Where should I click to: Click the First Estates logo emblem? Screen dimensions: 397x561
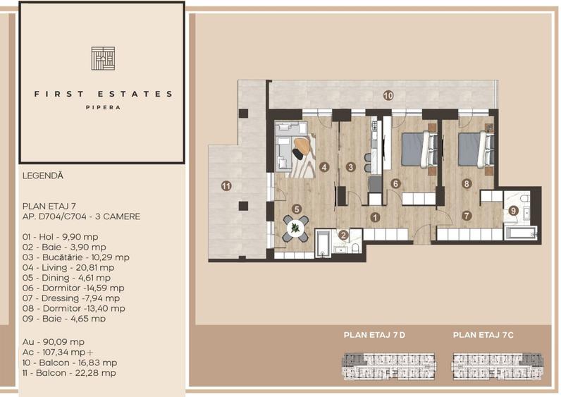click(102, 58)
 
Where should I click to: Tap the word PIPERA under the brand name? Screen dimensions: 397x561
click(102, 108)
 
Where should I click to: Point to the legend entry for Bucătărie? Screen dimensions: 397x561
click(75, 257)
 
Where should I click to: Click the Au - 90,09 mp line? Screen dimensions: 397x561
click(54, 341)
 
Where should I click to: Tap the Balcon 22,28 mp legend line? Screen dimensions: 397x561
click(69, 372)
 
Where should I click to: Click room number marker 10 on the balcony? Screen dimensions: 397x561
click(388, 94)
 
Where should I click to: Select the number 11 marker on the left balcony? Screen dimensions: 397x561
click(226, 186)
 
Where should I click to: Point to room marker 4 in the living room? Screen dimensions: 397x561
click(324, 168)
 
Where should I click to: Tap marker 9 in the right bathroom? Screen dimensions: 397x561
click(514, 210)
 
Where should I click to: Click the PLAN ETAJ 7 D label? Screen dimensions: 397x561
click(374, 335)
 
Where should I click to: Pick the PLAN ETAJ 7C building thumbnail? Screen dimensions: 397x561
click(492, 364)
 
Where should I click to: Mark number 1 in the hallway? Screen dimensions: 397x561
click(376, 218)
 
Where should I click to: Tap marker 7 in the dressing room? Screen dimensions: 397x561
click(466, 215)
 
